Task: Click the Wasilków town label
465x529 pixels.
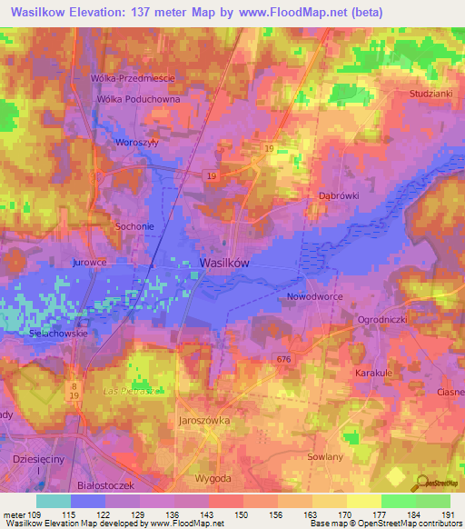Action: (223, 262)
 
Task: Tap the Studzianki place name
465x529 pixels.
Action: (430, 93)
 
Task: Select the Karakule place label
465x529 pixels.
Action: (373, 373)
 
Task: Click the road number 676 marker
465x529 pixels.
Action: (284, 360)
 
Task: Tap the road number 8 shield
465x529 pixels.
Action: (73, 385)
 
